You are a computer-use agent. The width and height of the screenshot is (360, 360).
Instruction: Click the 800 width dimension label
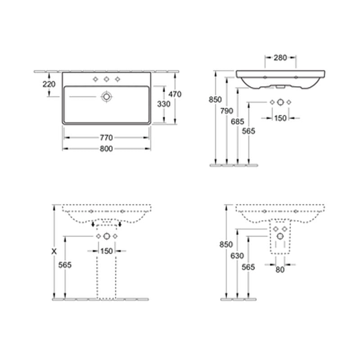click(x=106, y=149)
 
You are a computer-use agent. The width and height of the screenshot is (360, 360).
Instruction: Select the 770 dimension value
click(x=106, y=138)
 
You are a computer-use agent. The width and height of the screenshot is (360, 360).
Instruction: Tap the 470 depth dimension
click(x=174, y=95)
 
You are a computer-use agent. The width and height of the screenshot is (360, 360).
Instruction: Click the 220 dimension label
click(x=49, y=84)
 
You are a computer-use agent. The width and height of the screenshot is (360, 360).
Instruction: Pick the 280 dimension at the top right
click(x=280, y=58)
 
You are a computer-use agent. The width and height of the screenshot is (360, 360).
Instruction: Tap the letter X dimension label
click(x=54, y=252)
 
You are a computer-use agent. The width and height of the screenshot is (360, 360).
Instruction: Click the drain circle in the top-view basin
click(x=107, y=96)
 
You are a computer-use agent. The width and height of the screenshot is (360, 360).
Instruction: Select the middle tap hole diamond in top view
click(x=107, y=80)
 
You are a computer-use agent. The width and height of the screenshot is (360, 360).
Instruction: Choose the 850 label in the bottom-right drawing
click(x=226, y=245)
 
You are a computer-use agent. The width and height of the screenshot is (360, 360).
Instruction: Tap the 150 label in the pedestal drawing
click(x=106, y=251)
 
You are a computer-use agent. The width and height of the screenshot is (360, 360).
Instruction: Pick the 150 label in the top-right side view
click(x=280, y=118)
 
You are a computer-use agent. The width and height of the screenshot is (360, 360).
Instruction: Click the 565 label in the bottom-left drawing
click(x=66, y=265)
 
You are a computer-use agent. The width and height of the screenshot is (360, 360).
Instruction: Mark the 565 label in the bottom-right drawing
click(x=248, y=267)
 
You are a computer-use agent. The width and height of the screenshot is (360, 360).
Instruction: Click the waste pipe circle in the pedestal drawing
click(x=107, y=237)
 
